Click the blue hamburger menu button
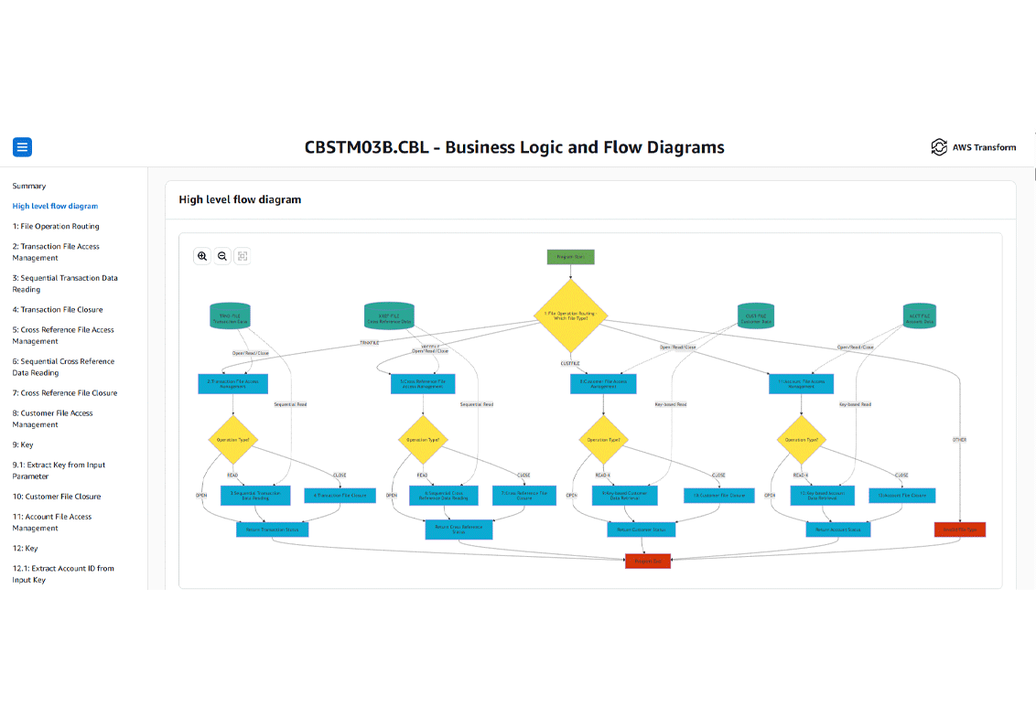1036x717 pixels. tap(22, 146)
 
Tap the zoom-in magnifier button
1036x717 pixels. tap(202, 257)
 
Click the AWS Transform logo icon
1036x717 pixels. tap(938, 147)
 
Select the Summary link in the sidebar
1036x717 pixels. tap(29, 186)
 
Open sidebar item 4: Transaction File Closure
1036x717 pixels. tap(58, 309)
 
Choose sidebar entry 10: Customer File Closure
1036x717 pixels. tap(57, 497)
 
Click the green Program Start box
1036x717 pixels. tap(571, 257)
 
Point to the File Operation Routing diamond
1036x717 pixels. tap(571, 316)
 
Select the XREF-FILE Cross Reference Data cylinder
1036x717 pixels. tap(389, 317)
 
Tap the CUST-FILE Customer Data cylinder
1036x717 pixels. tap(755, 317)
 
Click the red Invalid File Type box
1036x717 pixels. tap(959, 530)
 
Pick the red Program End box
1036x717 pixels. tap(648, 562)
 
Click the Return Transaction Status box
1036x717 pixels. tap(272, 530)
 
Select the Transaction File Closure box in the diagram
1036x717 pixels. tap(340, 496)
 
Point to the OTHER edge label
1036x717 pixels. tap(959, 440)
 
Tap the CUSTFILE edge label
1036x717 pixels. tap(571, 363)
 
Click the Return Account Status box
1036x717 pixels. tap(837, 530)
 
